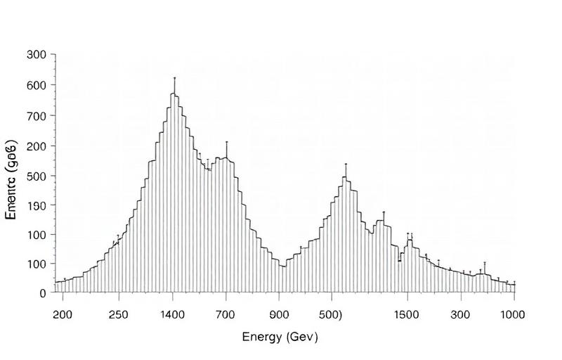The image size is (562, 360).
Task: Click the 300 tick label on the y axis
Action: [x=37, y=55]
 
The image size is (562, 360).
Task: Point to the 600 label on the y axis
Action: [x=37, y=85]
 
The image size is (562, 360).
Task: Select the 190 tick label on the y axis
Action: [x=37, y=205]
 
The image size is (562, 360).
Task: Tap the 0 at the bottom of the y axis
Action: [x=43, y=293]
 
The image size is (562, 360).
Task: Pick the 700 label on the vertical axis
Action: [x=37, y=115]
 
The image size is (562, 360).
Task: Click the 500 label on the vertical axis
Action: [x=37, y=176]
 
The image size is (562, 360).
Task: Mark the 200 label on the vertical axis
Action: [x=37, y=146]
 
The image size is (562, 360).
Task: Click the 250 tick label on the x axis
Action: [x=119, y=314]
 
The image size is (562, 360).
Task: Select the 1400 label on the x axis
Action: [x=173, y=314]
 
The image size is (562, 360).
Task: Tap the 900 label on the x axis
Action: [x=280, y=314]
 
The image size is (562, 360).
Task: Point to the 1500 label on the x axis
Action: [x=407, y=314]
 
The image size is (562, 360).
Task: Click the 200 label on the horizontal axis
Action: [x=63, y=314]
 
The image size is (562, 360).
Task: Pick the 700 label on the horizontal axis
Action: [x=226, y=314]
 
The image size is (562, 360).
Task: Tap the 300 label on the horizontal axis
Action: [x=461, y=314]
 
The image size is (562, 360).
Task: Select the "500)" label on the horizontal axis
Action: [x=332, y=314]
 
